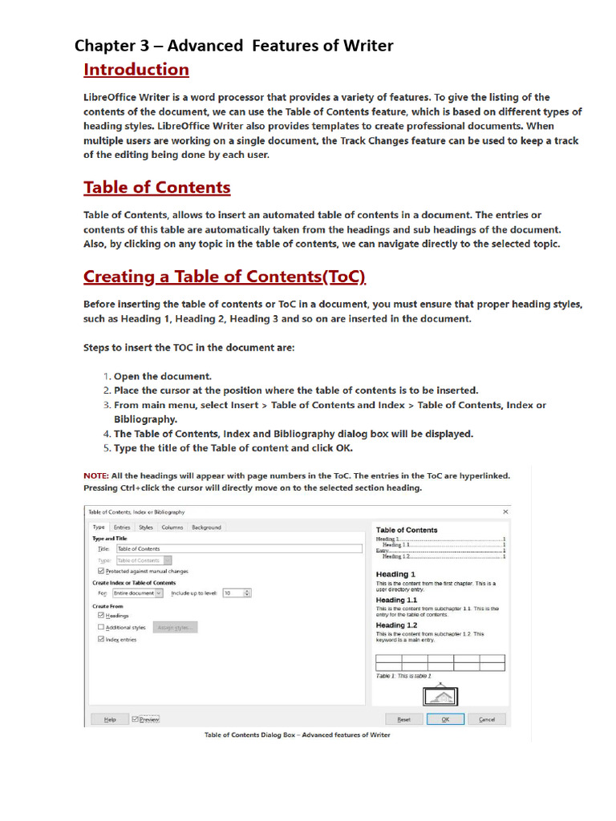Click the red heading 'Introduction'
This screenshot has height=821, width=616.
136,70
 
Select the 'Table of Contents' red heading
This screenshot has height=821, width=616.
157,188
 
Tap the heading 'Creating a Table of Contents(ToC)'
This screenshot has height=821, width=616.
225,277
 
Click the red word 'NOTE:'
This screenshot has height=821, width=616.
96,475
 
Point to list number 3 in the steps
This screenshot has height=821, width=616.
107,405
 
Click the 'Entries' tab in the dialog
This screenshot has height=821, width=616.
122,527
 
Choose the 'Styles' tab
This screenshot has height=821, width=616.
145,527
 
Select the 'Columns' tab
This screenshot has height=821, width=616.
172,527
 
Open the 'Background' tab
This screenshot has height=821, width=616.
206,527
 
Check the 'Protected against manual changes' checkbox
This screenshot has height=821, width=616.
101,571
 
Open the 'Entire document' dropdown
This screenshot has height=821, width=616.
137,592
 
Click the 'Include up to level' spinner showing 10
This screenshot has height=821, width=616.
237,592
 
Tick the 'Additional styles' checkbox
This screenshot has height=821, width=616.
101,627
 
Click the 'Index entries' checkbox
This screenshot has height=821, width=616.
101,639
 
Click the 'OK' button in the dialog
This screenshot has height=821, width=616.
445,719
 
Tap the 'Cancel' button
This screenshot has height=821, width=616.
487,719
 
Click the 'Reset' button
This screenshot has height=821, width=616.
403,719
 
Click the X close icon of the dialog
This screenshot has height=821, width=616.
505,512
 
